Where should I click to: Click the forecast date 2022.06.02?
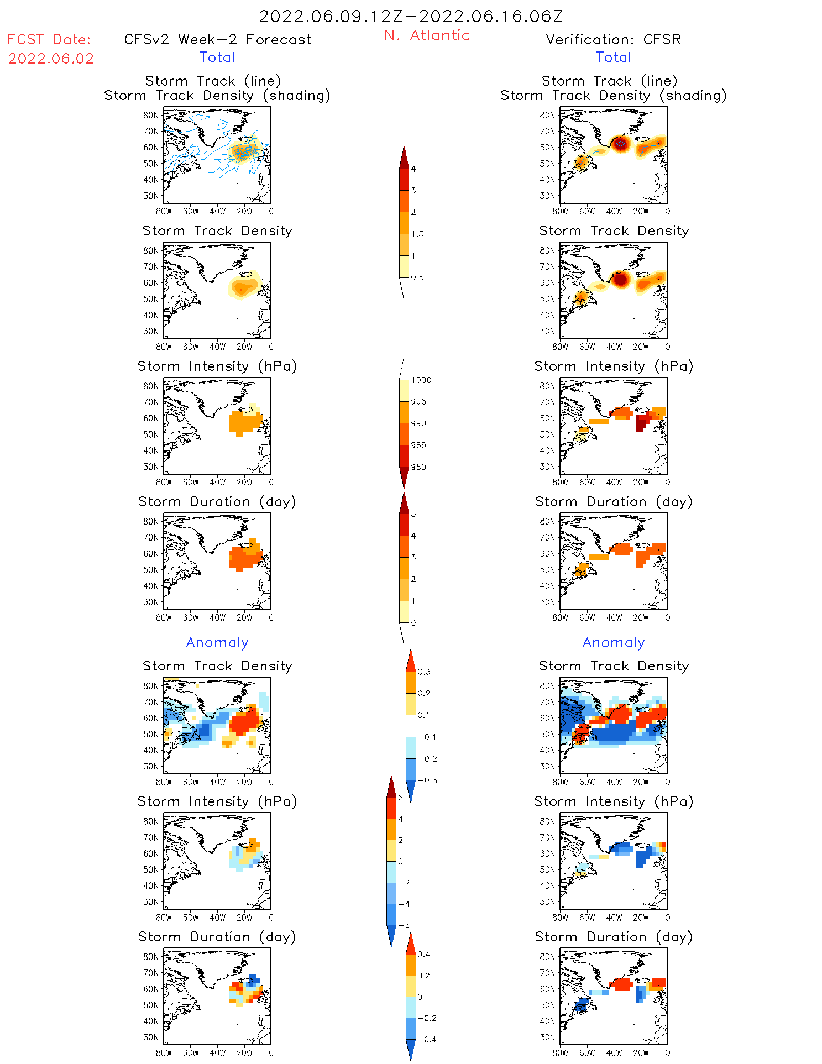(x=51, y=59)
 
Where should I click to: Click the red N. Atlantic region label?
(x=427, y=35)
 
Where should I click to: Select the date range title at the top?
(x=411, y=16)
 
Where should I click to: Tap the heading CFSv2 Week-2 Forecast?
(x=218, y=39)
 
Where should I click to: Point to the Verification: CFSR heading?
(x=613, y=39)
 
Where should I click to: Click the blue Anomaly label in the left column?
(x=217, y=642)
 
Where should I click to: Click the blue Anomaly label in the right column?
(x=614, y=642)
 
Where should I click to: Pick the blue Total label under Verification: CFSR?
(x=614, y=57)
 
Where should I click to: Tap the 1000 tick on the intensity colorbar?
(x=421, y=380)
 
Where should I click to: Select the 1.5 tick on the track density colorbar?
(x=417, y=234)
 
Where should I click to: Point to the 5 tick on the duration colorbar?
(x=413, y=514)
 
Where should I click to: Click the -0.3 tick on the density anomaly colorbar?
(x=427, y=780)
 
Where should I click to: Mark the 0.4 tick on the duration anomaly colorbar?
(x=424, y=955)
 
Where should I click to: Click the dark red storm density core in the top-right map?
(x=620, y=144)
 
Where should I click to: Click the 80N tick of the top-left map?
(x=151, y=115)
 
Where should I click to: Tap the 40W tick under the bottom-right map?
(x=614, y=1053)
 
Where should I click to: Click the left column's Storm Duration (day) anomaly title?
(x=217, y=937)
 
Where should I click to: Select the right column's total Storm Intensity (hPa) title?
(x=614, y=366)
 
